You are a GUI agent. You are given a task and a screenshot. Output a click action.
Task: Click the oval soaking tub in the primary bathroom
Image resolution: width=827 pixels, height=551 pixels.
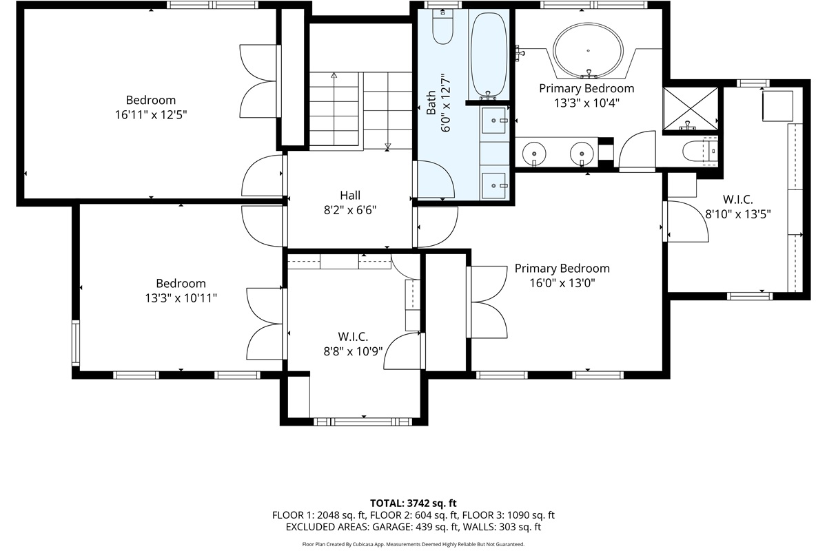pyautogui.click(x=588, y=50)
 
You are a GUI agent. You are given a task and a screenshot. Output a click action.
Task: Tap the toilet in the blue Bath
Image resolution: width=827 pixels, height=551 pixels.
pyautogui.click(x=442, y=27)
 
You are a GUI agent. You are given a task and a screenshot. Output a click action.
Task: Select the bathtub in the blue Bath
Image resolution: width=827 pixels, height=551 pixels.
pyautogui.click(x=489, y=55)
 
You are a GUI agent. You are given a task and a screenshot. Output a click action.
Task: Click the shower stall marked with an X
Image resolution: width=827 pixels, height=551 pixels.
pyautogui.click(x=691, y=109)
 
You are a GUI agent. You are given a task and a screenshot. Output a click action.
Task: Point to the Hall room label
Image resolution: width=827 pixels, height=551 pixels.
pyautogui.click(x=350, y=195)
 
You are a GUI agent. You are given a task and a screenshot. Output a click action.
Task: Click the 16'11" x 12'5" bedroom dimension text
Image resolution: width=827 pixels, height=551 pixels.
pyautogui.click(x=151, y=115)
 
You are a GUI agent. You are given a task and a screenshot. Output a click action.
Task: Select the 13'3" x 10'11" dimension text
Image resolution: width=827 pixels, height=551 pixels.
pyautogui.click(x=181, y=298)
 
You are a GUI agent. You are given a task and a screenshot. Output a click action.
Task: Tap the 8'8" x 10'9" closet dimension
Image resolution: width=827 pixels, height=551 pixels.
pyautogui.click(x=353, y=351)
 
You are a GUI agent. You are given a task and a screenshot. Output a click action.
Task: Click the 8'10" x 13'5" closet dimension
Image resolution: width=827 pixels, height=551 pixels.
pyautogui.click(x=738, y=214)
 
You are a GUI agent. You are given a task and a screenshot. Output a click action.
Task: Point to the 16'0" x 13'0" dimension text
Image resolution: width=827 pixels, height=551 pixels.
pyautogui.click(x=562, y=283)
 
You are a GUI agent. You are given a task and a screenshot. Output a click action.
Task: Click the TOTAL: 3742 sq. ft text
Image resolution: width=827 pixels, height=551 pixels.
pyautogui.click(x=413, y=503)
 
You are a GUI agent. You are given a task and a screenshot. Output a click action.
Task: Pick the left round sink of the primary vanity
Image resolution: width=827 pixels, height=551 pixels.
pyautogui.click(x=534, y=154)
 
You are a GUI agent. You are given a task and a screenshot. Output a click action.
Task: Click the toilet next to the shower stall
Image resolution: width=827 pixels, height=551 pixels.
pyautogui.click(x=700, y=151)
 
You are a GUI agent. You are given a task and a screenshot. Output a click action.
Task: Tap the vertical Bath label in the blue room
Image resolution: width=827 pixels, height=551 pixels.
pyautogui.click(x=431, y=103)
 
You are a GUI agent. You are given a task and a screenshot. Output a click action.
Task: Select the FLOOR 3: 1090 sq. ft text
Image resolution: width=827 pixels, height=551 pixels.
pyautogui.click(x=509, y=514)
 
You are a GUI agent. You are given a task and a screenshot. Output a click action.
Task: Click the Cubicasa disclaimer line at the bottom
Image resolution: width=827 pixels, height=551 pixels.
pyautogui.click(x=413, y=544)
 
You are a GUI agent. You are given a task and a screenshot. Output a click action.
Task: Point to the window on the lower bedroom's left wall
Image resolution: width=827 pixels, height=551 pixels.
pyautogui.click(x=75, y=343)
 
